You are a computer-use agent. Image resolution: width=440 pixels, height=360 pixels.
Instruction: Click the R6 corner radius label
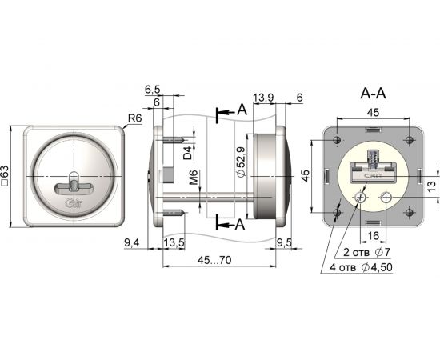click(135, 118)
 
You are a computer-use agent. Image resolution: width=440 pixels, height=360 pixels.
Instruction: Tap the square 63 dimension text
click(6, 176)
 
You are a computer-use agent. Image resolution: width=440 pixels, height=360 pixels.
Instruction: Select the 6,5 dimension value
click(153, 90)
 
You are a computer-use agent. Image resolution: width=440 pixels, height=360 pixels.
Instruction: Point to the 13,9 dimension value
click(263, 98)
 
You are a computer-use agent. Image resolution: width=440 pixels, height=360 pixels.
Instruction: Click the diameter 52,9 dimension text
click(242, 162)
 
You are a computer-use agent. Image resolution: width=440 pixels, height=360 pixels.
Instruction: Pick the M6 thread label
click(194, 177)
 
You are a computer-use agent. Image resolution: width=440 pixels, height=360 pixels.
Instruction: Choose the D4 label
click(188, 153)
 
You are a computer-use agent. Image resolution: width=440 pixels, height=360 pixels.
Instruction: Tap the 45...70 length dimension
click(214, 260)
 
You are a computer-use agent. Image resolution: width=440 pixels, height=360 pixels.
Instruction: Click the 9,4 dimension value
click(132, 242)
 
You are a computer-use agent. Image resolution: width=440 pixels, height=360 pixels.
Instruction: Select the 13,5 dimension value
click(174, 242)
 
